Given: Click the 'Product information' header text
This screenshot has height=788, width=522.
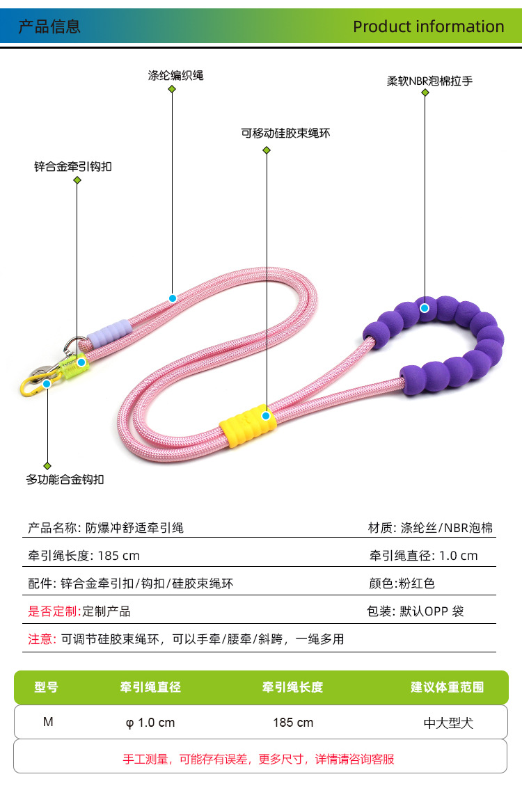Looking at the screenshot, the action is coord(428,26).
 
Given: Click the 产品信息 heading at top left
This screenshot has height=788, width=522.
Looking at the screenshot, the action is coord(49,26).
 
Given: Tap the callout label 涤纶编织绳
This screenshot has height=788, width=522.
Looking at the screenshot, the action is coord(175,75).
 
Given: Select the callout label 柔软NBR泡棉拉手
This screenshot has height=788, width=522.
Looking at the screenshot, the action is coord(429,81).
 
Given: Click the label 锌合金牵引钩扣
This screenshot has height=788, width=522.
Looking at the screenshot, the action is coord(73,167).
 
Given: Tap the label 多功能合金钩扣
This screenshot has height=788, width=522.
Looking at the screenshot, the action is coord(65,479).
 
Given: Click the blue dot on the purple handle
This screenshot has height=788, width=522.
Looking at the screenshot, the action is coord(424,307).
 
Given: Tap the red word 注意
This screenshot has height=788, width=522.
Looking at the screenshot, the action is coord(42,639).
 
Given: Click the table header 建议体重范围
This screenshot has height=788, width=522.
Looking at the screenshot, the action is coord(447,687).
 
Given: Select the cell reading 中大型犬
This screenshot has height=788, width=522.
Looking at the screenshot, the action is coord(448,723).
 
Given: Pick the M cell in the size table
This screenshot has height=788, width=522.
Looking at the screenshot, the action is coord(48,722).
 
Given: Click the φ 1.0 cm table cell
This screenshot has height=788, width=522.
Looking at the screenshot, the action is coord(150,723).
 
